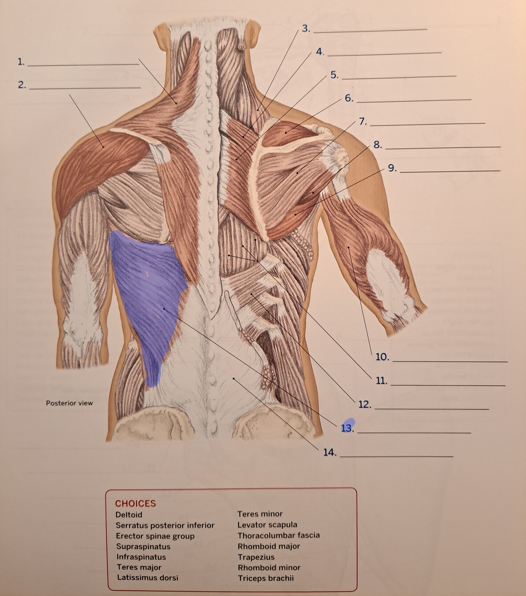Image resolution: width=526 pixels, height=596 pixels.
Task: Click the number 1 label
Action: (21, 62)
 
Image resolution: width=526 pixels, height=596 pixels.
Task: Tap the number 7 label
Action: (363, 121)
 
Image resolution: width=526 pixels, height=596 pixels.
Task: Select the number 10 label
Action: (382, 357)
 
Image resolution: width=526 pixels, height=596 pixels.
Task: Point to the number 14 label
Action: (330, 452)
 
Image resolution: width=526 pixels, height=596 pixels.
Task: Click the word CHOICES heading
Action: (135, 503)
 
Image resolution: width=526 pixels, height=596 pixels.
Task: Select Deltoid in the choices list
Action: (129, 515)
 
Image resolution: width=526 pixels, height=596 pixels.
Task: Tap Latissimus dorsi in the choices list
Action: (147, 577)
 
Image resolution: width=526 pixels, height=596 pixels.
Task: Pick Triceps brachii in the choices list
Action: (266, 578)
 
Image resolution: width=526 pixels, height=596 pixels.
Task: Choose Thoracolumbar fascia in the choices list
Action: (278, 535)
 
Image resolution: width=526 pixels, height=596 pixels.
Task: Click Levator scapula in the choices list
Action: (267, 525)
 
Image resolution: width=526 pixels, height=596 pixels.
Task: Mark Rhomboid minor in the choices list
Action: (269, 568)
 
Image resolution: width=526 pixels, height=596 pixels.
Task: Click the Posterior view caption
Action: (69, 403)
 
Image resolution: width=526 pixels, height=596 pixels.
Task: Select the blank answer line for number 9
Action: (450, 170)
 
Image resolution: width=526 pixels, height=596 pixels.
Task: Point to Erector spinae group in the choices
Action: (155, 536)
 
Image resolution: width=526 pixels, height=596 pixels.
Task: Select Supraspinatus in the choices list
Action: (143, 547)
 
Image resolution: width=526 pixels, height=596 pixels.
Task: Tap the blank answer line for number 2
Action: (85, 88)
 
